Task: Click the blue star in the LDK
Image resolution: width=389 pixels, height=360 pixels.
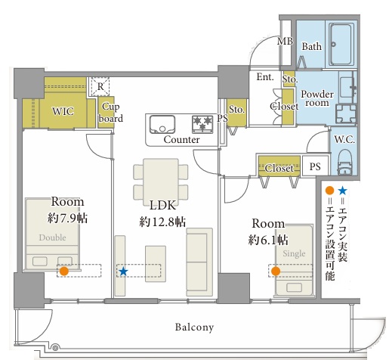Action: pyautogui.click(x=123, y=272)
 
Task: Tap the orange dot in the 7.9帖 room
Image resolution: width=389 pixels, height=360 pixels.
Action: pyautogui.click(x=64, y=272)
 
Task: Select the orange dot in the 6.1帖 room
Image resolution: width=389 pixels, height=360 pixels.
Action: pyautogui.click(x=276, y=272)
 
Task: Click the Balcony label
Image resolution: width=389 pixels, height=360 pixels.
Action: pyautogui.click(x=194, y=327)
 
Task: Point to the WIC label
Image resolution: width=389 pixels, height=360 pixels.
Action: pyautogui.click(x=63, y=111)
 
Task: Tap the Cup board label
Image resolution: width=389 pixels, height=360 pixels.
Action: pyautogui.click(x=111, y=113)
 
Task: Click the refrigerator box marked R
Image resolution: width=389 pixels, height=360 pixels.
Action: pyautogui.click(x=100, y=86)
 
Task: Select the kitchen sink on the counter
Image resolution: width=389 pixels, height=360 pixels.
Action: pyautogui.click(x=162, y=124)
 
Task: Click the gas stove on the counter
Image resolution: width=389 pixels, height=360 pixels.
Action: pyautogui.click(x=202, y=124)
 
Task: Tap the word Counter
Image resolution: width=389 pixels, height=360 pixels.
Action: pyautogui.click(x=181, y=139)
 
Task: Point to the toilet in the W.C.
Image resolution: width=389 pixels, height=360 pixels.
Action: pyautogui.click(x=344, y=161)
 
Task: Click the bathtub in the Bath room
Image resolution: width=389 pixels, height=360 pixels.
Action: pyautogui.click(x=341, y=45)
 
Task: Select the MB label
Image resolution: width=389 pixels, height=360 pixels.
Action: pyautogui.click(x=285, y=41)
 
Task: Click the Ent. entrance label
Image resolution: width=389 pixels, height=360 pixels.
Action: pyautogui.click(x=265, y=77)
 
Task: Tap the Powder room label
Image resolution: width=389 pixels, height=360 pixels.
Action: pyautogui.click(x=317, y=98)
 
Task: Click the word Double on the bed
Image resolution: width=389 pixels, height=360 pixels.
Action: pyautogui.click(x=52, y=237)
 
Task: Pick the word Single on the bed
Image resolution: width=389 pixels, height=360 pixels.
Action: pyautogui.click(x=294, y=253)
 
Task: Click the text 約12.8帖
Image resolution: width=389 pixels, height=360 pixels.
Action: pyautogui.click(x=162, y=222)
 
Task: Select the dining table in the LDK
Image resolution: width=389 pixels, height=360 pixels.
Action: pyautogui.click(x=161, y=179)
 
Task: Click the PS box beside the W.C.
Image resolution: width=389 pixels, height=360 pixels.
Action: pyautogui.click(x=315, y=166)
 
